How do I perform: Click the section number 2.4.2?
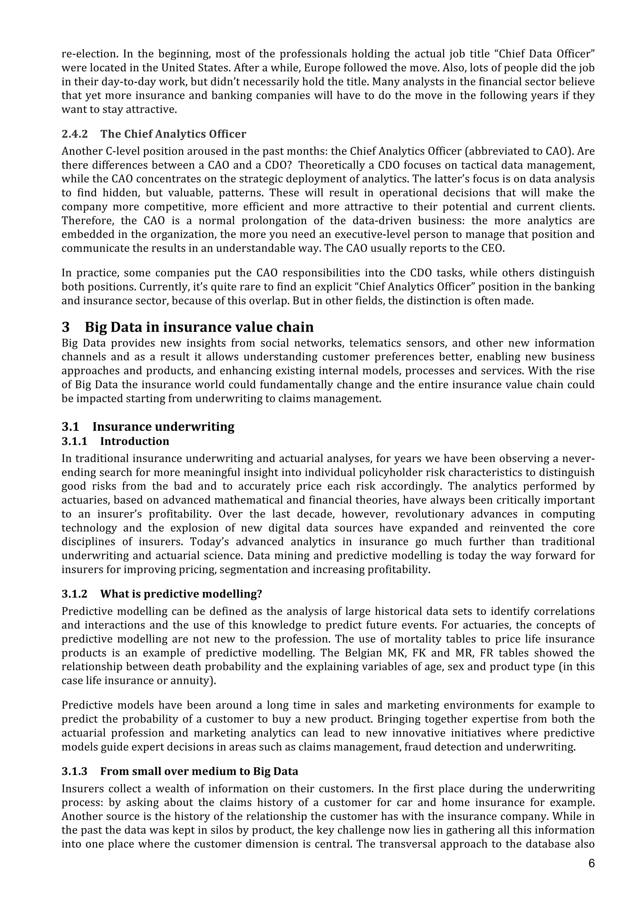(74, 134)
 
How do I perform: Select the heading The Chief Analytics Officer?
(173, 134)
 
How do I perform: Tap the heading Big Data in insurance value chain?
(199, 327)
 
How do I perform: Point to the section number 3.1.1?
(74, 441)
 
